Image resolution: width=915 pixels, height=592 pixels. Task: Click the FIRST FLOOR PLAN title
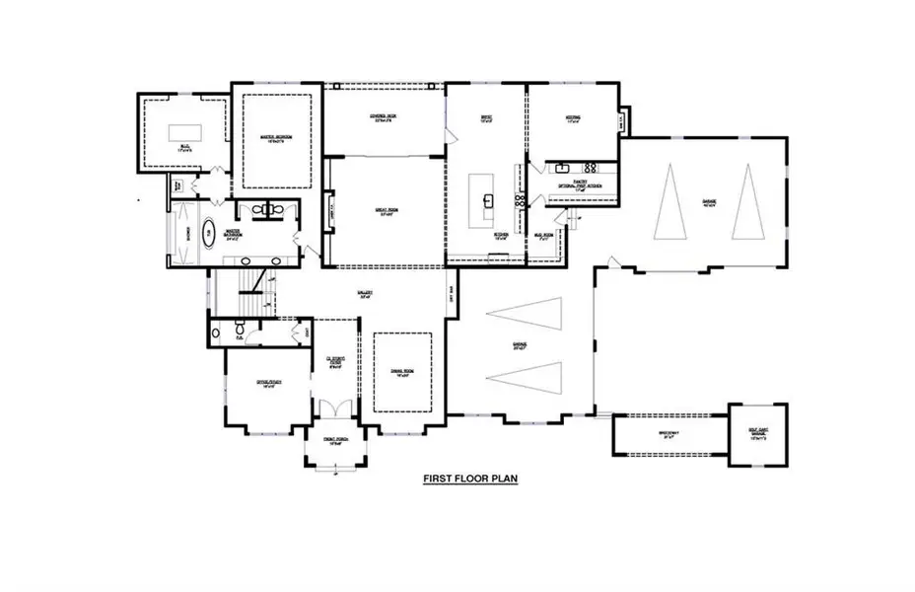[x=469, y=479]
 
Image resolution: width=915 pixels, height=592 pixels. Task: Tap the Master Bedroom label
[x=277, y=138]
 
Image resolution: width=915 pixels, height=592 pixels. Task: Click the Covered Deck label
[x=384, y=118]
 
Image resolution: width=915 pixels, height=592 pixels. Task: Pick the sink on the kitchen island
[x=486, y=200]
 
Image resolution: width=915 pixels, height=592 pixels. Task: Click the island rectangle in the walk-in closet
[x=183, y=132]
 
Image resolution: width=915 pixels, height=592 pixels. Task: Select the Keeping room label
[x=572, y=118]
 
